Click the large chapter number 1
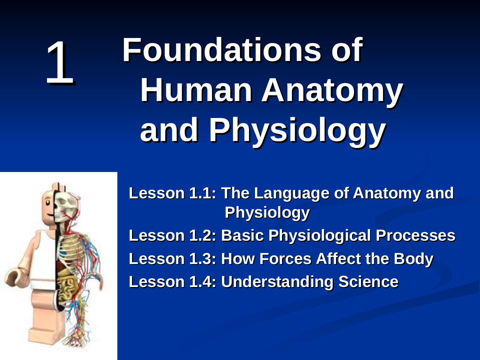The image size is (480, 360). pos(60,63)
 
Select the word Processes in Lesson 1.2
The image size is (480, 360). pos(416,236)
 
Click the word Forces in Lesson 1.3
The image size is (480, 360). pos(285,259)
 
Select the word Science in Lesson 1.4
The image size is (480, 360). pos(368,282)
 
